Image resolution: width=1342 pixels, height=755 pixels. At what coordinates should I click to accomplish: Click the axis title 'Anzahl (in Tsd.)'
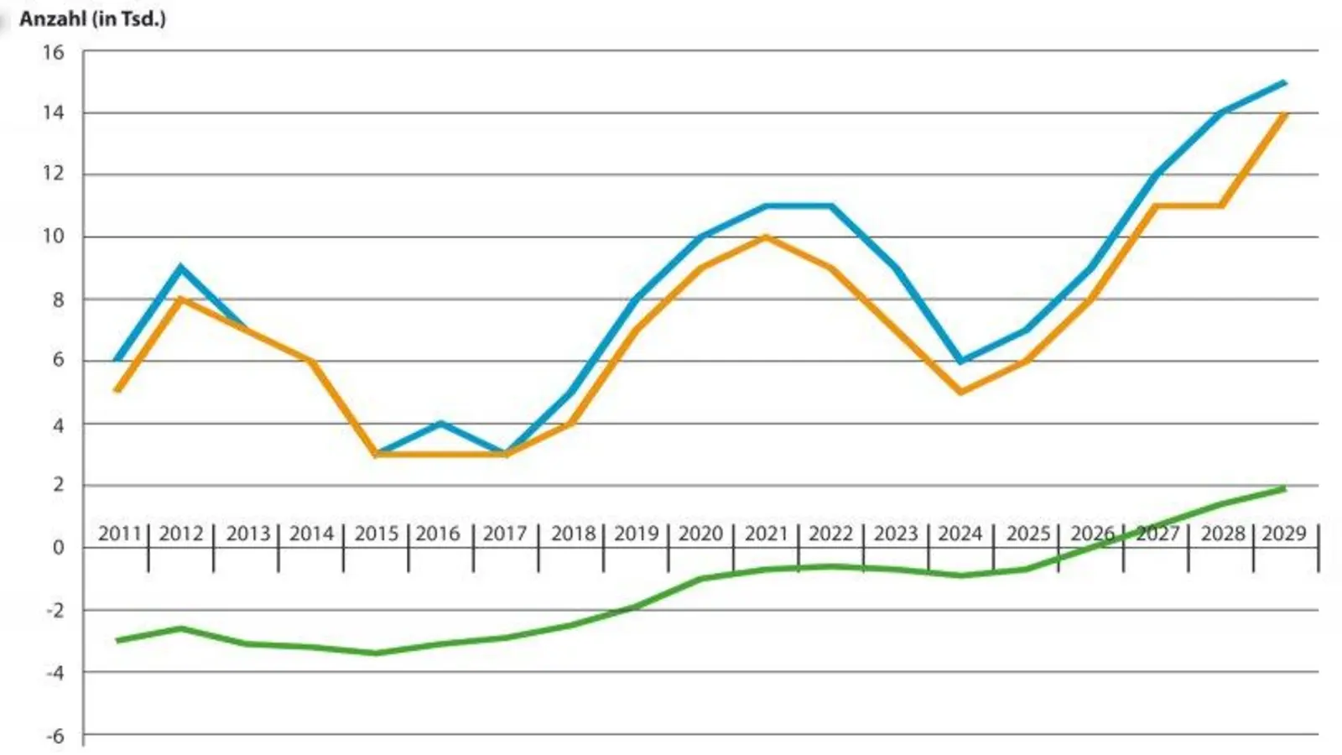click(x=92, y=18)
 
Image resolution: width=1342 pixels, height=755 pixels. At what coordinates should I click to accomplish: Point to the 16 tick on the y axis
click(x=53, y=52)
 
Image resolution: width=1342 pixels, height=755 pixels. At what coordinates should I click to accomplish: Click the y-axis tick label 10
click(x=53, y=237)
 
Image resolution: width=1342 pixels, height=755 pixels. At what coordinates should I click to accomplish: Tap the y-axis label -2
click(x=53, y=610)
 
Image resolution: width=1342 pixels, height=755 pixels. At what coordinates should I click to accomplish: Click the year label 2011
click(x=119, y=534)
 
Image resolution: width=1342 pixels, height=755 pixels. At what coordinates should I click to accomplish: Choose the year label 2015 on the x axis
click(x=376, y=534)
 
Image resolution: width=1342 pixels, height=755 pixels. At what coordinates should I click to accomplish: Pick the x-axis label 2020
click(x=700, y=534)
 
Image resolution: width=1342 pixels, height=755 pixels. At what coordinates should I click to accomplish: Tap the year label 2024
click(x=960, y=534)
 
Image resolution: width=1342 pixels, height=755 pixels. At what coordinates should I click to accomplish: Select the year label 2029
click(x=1284, y=534)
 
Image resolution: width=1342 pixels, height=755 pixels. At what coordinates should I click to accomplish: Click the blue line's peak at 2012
click(x=181, y=268)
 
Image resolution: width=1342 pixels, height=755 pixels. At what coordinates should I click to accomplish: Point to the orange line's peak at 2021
click(x=766, y=237)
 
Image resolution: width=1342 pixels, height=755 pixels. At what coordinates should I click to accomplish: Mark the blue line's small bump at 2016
click(x=440, y=423)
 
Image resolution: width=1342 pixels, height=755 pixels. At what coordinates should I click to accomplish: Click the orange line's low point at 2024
click(x=960, y=392)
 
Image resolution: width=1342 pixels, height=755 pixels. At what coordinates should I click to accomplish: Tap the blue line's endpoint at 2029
click(x=1284, y=82)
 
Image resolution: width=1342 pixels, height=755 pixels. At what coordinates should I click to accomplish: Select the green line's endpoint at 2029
click(x=1284, y=488)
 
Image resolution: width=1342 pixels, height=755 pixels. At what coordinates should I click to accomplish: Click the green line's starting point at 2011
click(x=117, y=640)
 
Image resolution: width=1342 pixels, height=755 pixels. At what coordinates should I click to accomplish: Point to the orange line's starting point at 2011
click(x=117, y=391)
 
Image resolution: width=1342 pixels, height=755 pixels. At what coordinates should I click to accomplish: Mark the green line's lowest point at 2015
click(x=376, y=653)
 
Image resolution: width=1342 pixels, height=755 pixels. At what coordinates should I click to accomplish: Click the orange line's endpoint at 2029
click(x=1284, y=114)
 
